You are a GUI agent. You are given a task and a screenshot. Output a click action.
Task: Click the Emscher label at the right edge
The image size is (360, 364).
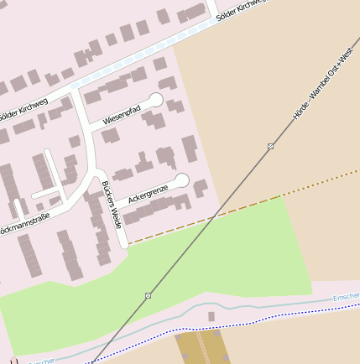pos(346,298)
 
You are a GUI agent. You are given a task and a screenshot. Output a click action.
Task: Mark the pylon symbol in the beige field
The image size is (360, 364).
pos(270,147)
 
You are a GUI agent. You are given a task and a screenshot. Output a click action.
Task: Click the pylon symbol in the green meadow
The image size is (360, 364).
pos(148,295)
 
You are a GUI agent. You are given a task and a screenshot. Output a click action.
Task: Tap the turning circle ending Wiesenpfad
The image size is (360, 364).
pos(155,101)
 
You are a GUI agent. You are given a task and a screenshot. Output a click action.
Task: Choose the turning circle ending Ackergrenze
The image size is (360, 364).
pos(181,179)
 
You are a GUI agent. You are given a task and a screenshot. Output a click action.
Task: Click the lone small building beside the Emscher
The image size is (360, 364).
pos(211,316)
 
